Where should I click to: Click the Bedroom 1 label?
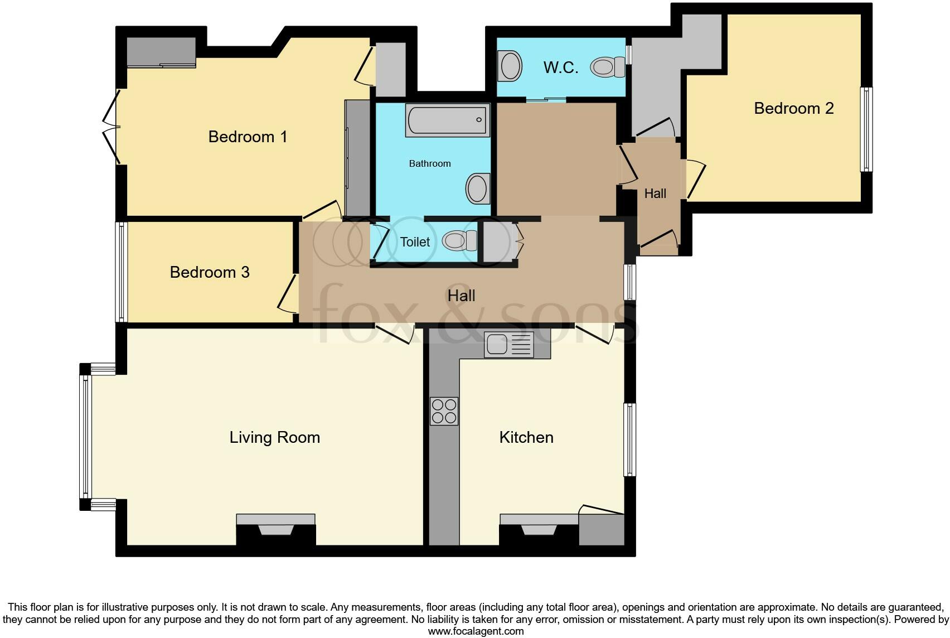pyautogui.click(x=248, y=137)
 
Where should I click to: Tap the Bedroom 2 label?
pyautogui.click(x=793, y=108)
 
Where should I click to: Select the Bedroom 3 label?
pyautogui.click(x=209, y=272)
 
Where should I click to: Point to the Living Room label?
pyautogui.click(x=274, y=437)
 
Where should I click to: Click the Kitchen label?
pyautogui.click(x=526, y=437)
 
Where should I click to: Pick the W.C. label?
pyautogui.click(x=560, y=68)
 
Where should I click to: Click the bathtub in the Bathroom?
pyautogui.click(x=447, y=119)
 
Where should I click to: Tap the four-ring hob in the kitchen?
pyautogui.click(x=444, y=411)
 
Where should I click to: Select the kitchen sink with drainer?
pyautogui.click(x=508, y=345)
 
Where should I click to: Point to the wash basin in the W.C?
pyautogui.click(x=511, y=66)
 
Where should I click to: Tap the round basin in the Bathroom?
pyautogui.click(x=477, y=188)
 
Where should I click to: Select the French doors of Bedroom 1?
pyautogui.click(x=112, y=128)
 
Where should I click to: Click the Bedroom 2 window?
pyautogui.click(x=866, y=129)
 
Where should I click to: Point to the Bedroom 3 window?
pyautogui.click(x=121, y=272)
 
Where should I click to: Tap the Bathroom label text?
pyautogui.click(x=429, y=163)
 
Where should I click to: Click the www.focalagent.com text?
pyautogui.click(x=475, y=631)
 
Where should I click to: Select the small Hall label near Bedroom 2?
pyautogui.click(x=655, y=194)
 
